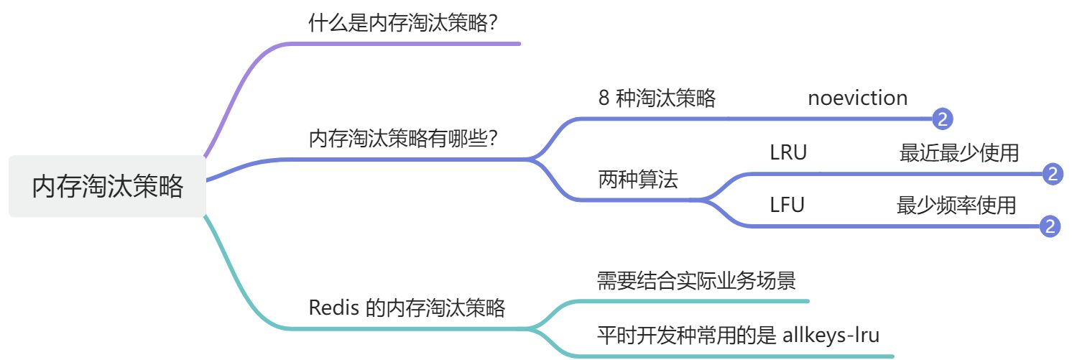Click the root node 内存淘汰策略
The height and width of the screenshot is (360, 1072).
(108, 186)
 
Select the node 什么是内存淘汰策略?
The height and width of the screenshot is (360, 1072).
(404, 24)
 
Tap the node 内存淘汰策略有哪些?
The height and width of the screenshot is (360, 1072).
(404, 138)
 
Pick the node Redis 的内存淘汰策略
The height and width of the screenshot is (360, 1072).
(407, 308)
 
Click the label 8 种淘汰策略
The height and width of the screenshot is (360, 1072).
(657, 98)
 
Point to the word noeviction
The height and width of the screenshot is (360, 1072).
(857, 98)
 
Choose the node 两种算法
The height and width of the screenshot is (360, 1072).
(637, 180)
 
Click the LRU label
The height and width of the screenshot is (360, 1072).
(788, 153)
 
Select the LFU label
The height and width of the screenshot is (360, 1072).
(787, 206)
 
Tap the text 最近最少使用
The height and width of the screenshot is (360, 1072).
(958, 153)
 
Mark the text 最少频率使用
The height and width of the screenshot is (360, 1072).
(956, 206)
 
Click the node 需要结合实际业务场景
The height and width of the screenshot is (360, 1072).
(696, 280)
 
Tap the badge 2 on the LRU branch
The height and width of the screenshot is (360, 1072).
(1051, 173)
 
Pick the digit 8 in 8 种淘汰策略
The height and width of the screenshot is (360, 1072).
(604, 98)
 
